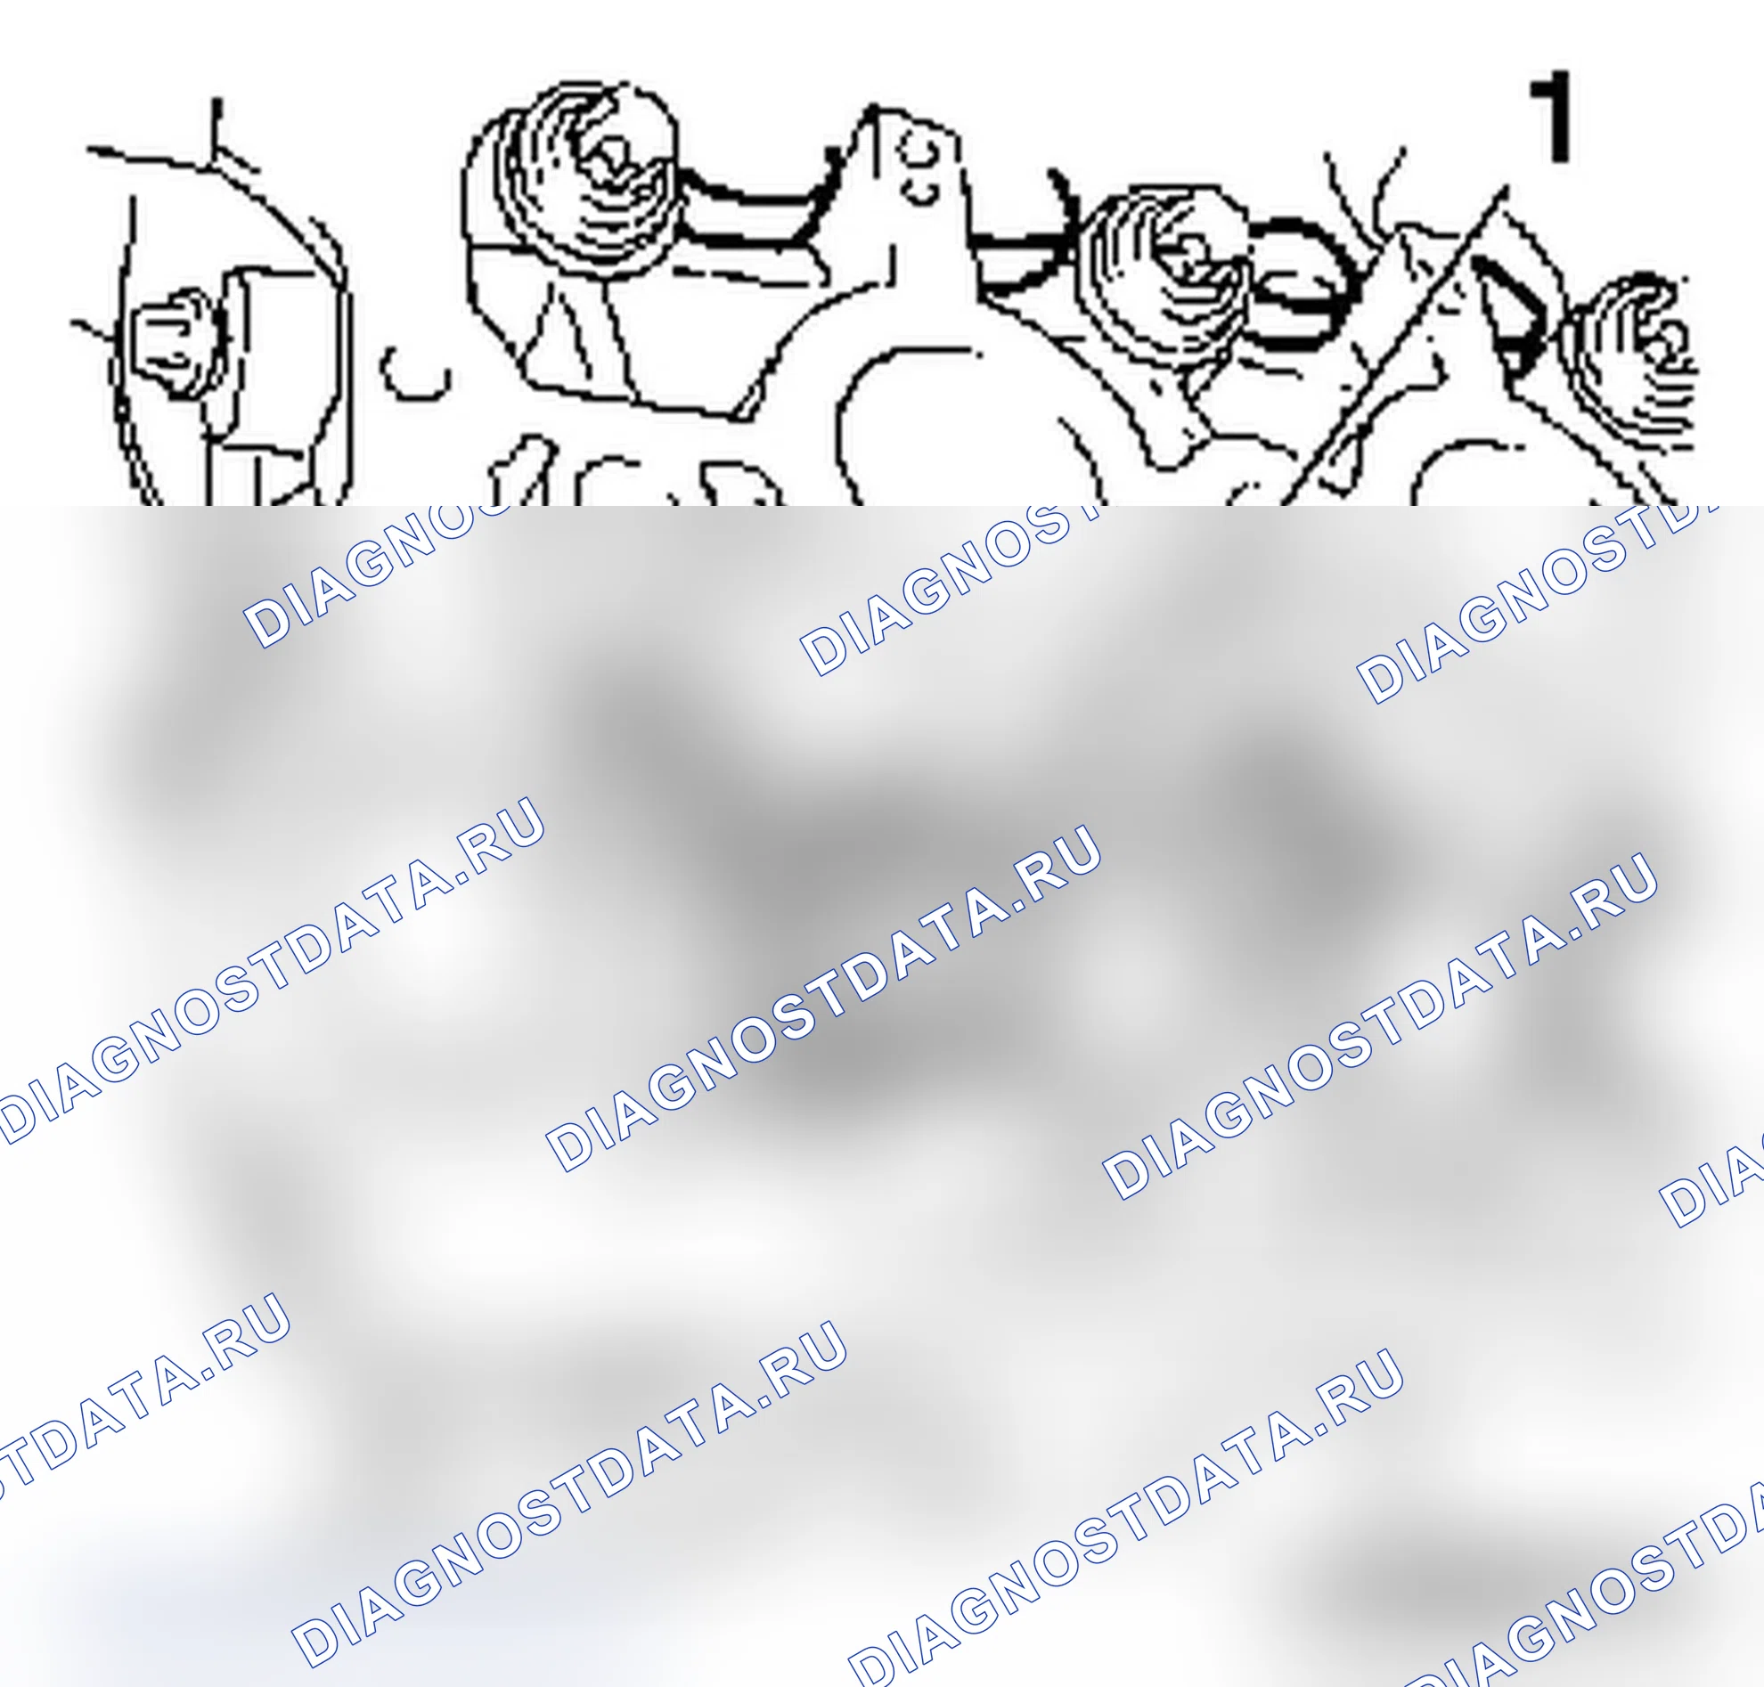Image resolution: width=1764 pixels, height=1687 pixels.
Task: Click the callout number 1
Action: pos(1552,118)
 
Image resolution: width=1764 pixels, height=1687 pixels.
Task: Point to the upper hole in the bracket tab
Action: pos(919,150)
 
